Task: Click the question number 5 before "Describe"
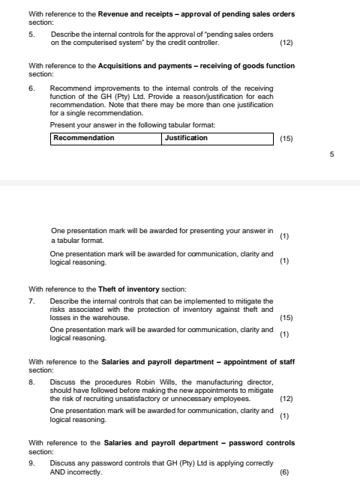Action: point(31,35)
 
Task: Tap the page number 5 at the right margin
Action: point(331,154)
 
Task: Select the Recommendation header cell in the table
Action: point(106,138)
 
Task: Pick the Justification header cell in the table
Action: point(217,138)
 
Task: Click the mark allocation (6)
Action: point(283,473)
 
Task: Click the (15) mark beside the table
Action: point(286,139)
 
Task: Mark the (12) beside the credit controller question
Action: point(286,43)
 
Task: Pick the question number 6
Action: point(31,89)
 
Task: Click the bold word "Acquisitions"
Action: point(123,66)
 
